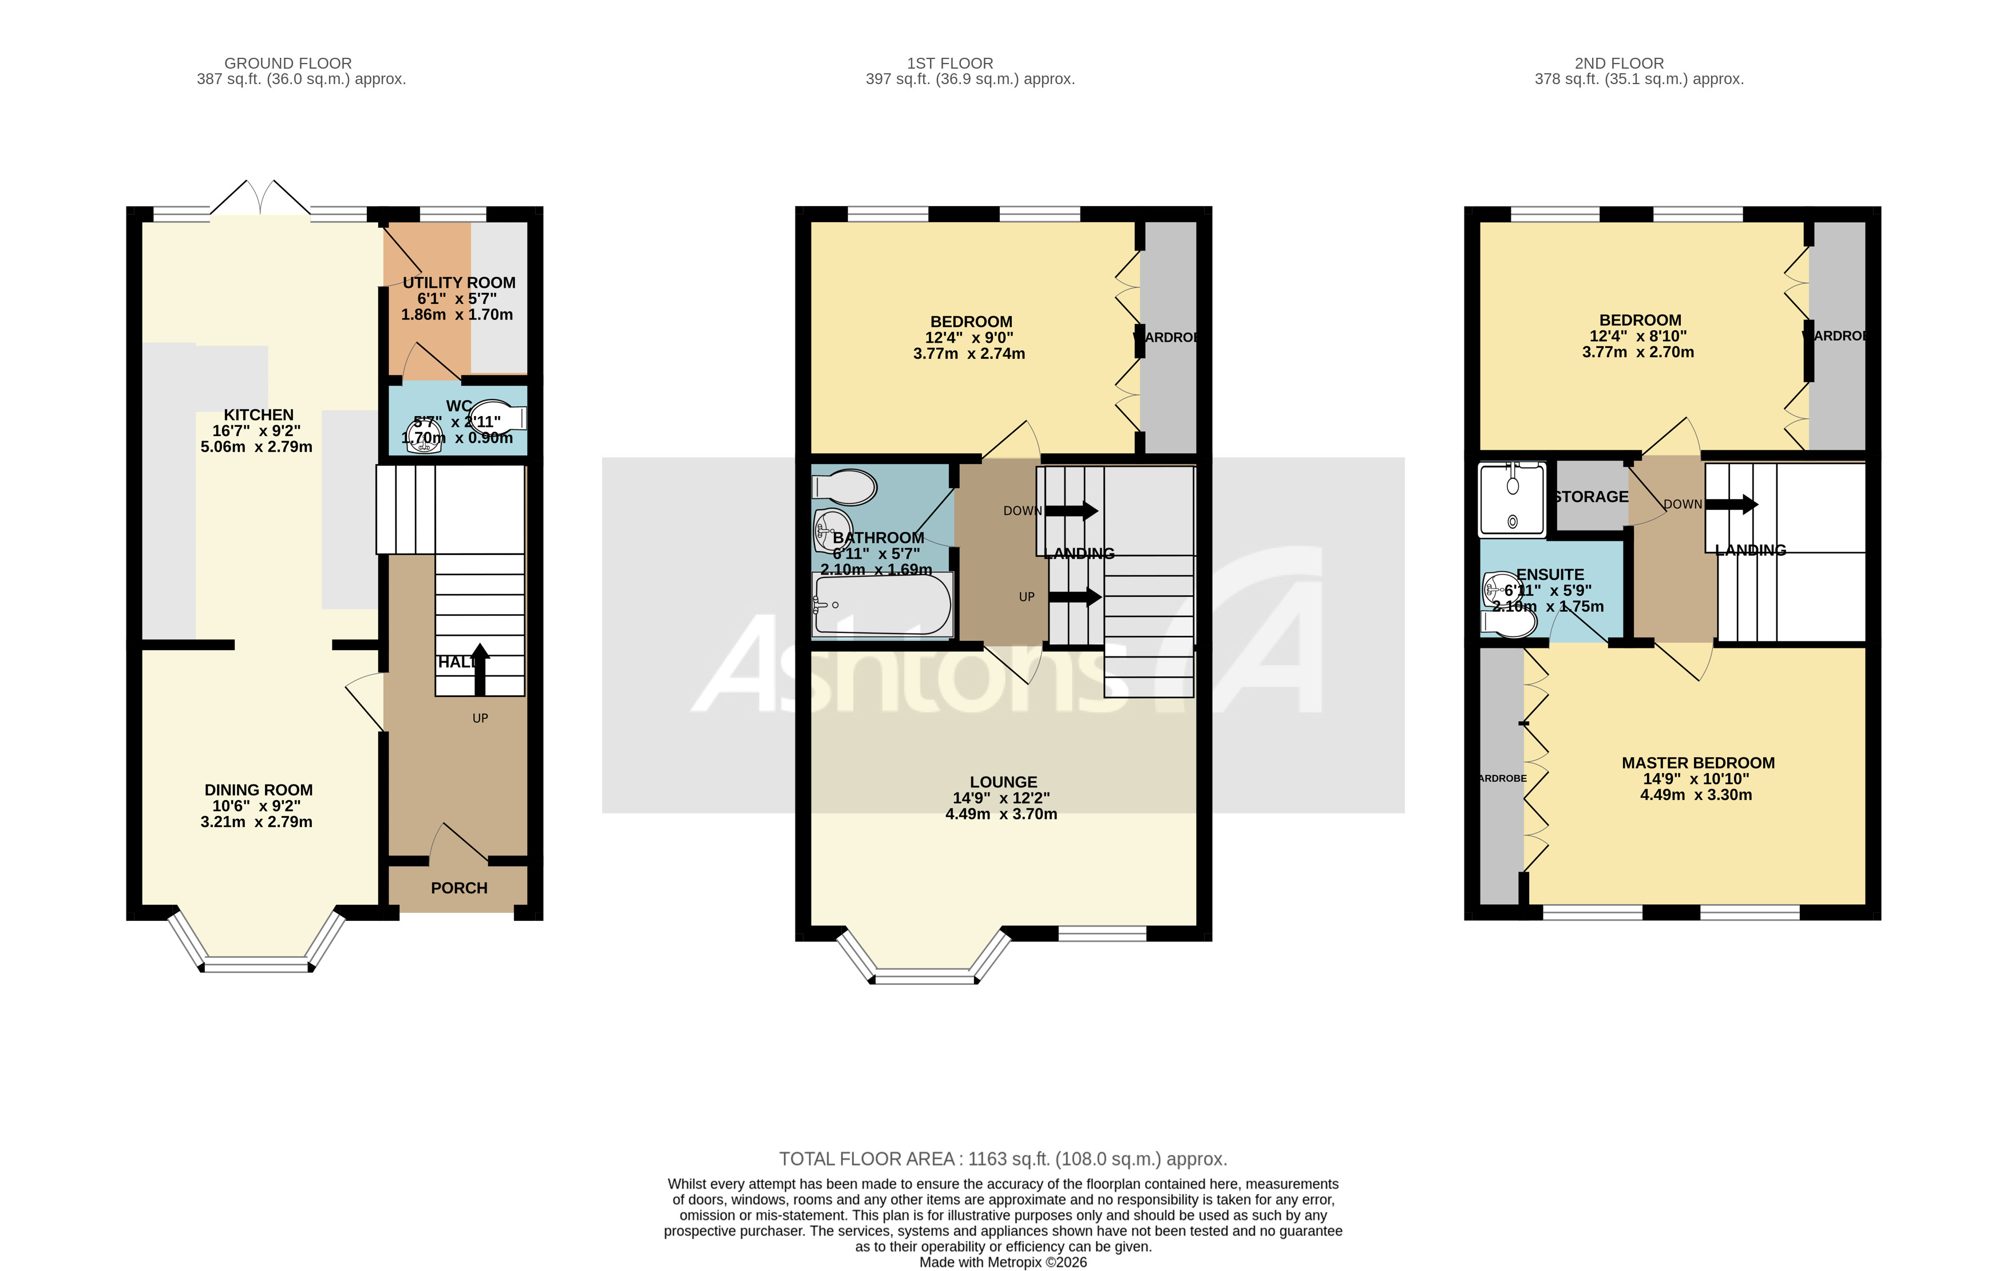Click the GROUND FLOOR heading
[x=287, y=64]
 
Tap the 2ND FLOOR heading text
[x=1618, y=64]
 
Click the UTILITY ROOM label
[x=458, y=283]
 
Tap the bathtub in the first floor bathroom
[x=882, y=605]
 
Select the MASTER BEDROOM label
[x=1698, y=763]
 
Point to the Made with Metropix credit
[x=1003, y=1262]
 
